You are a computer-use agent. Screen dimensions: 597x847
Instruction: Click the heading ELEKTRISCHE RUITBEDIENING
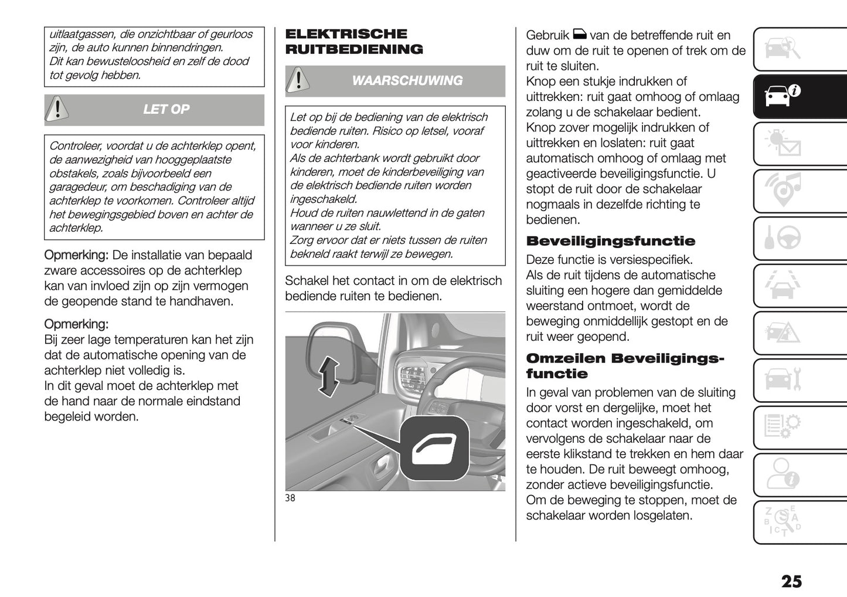pos(353,42)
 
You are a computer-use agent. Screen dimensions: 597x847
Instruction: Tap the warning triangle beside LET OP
pos(57,109)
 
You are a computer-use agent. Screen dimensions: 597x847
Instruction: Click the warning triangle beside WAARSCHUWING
pos(298,80)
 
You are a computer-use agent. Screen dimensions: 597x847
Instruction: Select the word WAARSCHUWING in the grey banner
pos(407,81)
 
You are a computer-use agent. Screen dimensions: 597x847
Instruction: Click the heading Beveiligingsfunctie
pos(610,241)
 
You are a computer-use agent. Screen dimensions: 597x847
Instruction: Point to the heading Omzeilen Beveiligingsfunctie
pos(625,366)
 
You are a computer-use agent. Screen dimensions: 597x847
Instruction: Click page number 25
pos(791,581)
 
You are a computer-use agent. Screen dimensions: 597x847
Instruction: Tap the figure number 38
pos(290,498)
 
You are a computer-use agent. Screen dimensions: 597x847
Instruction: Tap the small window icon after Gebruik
pos(579,35)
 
